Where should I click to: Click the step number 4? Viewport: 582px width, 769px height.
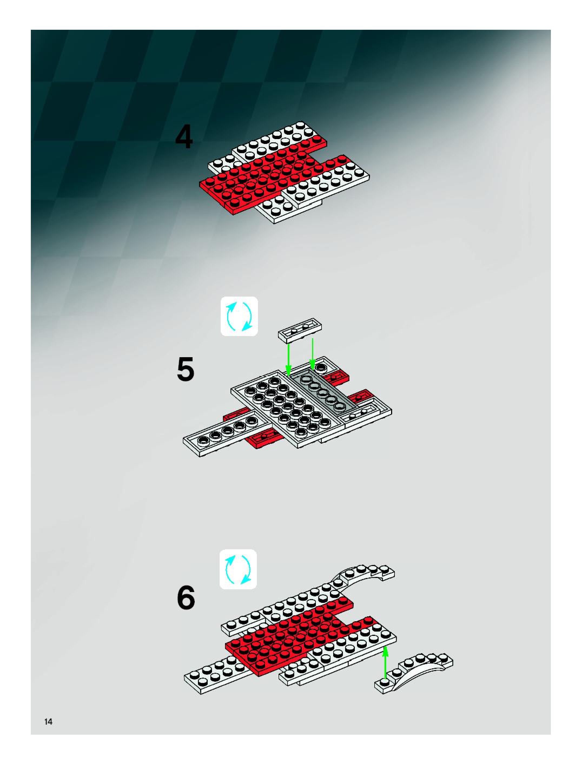point(184,138)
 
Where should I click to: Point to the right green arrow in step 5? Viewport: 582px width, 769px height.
point(313,353)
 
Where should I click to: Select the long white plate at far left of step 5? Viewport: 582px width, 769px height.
point(222,433)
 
